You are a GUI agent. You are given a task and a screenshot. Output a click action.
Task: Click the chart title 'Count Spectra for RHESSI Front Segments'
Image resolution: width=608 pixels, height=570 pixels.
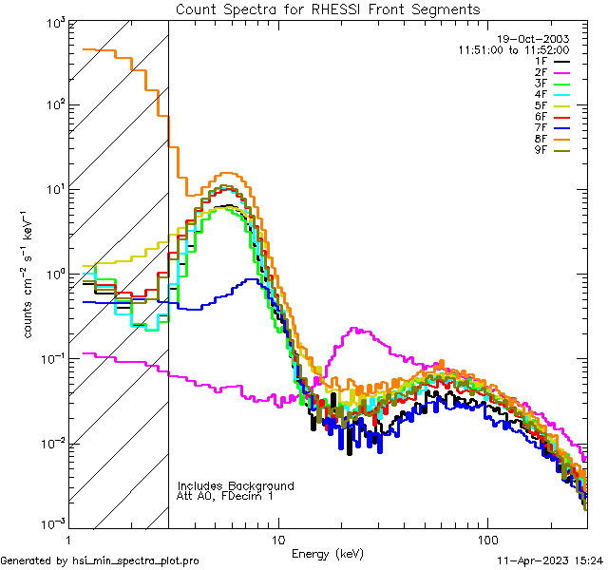[328, 9]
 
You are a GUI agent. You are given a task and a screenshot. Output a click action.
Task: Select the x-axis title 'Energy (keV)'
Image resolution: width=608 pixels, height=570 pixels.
[328, 553]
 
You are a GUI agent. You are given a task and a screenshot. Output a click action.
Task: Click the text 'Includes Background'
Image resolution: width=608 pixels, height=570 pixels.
[236, 485]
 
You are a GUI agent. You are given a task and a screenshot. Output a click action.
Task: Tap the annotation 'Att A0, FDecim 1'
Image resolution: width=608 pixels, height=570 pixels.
[225, 496]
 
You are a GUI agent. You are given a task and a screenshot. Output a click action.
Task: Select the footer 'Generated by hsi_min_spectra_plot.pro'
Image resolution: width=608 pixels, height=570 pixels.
[100, 560]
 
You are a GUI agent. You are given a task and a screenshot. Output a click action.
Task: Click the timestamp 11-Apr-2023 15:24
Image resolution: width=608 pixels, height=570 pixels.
[550, 560]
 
